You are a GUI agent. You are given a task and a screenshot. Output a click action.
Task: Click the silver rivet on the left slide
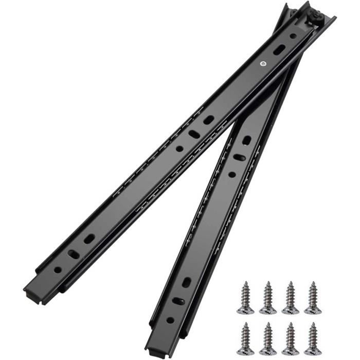click(263, 64)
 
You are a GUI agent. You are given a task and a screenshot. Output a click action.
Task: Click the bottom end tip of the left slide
click(31, 295)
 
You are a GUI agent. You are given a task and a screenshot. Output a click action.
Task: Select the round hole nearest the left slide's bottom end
click(58, 269)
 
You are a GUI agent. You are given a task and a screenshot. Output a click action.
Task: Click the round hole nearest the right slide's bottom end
click(170, 320)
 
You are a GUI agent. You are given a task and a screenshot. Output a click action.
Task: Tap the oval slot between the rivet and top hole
click(279, 49)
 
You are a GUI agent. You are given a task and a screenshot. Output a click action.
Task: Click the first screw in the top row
click(245, 298)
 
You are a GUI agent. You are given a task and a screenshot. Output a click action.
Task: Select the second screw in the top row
click(267, 298)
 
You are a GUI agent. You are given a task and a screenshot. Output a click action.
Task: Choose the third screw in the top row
click(290, 298)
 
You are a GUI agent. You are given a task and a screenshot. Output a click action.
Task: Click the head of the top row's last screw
click(312, 310)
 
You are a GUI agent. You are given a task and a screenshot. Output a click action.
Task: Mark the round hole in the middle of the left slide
click(179, 149)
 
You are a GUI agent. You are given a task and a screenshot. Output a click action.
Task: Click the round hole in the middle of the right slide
click(232, 174)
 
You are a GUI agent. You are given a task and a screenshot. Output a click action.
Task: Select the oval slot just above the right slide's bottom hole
click(178, 301)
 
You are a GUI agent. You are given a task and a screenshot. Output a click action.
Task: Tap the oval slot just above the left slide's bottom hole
click(74, 255)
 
